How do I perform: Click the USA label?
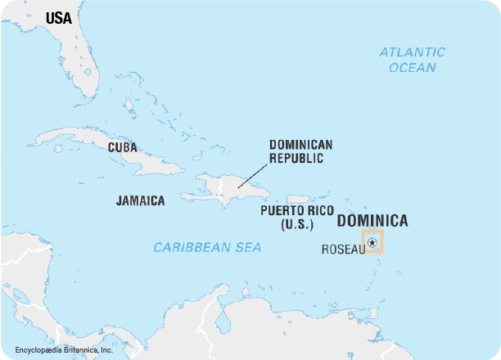click(x=58, y=18)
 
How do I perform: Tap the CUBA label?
click(x=122, y=148)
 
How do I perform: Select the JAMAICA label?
click(x=140, y=200)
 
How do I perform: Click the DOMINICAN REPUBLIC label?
click(x=300, y=151)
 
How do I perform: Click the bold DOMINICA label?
click(x=372, y=221)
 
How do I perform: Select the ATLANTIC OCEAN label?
click(x=412, y=60)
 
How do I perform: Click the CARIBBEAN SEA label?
click(x=207, y=247)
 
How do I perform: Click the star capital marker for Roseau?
click(x=372, y=242)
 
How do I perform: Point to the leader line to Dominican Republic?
click(x=253, y=175)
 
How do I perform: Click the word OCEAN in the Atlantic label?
click(x=413, y=68)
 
